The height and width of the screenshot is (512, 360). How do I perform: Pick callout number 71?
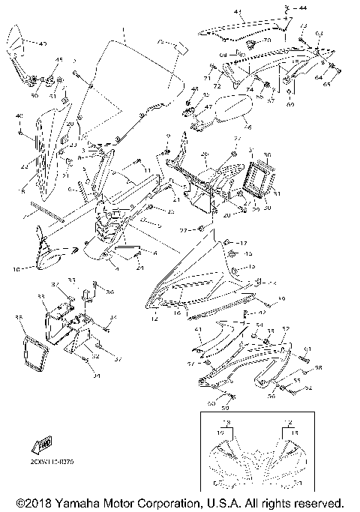(x=208, y=77)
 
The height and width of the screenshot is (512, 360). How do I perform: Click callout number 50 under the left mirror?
(x=34, y=96)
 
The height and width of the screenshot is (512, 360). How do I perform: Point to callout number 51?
(x=52, y=96)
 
